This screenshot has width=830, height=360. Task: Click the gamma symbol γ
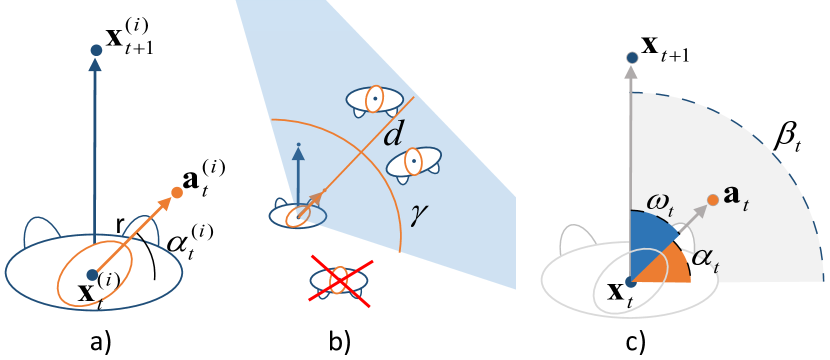[x=419, y=213]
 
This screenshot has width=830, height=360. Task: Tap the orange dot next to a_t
[x=712, y=200]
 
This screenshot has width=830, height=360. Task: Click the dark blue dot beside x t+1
[x=631, y=58]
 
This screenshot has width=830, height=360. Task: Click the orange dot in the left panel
[x=177, y=192]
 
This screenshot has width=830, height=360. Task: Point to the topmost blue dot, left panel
[x=96, y=50]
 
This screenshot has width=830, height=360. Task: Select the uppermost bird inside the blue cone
[x=372, y=99]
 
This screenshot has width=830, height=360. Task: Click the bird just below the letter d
[x=413, y=163]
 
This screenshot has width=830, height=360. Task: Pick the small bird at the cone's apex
[x=297, y=213]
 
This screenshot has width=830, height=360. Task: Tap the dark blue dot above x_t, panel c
[x=630, y=282]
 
